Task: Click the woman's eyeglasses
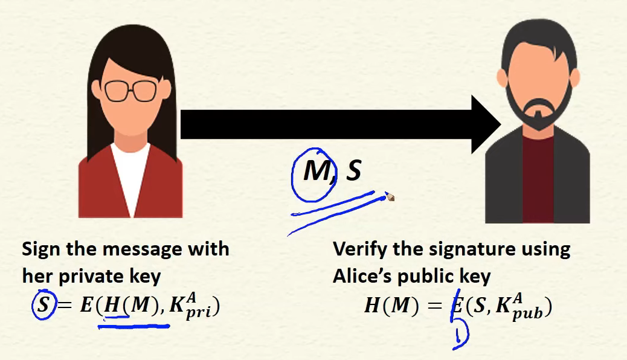130,91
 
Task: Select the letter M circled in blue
318,171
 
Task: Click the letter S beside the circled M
353,171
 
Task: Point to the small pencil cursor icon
390,197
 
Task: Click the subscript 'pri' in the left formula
198,313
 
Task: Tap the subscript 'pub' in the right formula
527,313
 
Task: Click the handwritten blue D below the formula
461,335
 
